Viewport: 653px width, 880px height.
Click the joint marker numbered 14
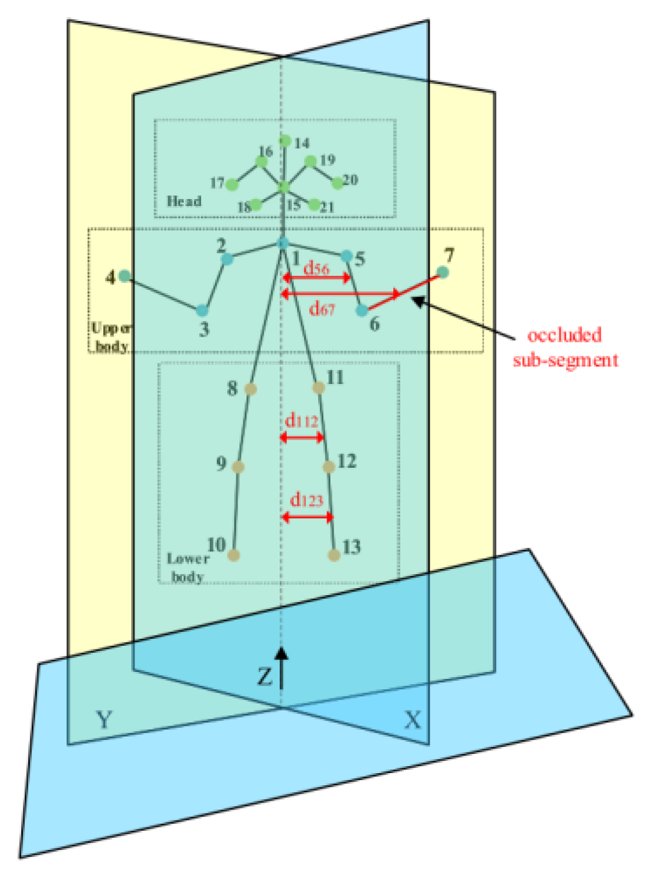(286, 141)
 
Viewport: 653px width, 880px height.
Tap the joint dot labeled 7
(442, 273)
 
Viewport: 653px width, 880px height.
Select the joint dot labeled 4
(125, 276)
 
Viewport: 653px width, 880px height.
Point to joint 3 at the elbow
(202, 311)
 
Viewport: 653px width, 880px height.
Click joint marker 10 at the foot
(234, 555)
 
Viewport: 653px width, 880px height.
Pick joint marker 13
(334, 555)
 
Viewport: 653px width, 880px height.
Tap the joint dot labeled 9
(239, 467)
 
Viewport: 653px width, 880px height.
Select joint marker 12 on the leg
(329, 467)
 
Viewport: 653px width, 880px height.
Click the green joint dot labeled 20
(337, 184)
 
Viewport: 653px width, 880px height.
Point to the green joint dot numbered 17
(232, 185)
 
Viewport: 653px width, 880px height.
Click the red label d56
(316, 268)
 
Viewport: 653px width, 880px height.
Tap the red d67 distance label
(322, 309)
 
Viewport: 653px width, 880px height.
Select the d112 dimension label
(302, 421)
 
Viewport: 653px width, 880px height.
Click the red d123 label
(307, 500)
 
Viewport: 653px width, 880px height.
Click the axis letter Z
(264, 676)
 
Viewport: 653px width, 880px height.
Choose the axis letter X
(413, 720)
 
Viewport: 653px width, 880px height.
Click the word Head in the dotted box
(184, 201)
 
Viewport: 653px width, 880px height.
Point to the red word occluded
(565, 335)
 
